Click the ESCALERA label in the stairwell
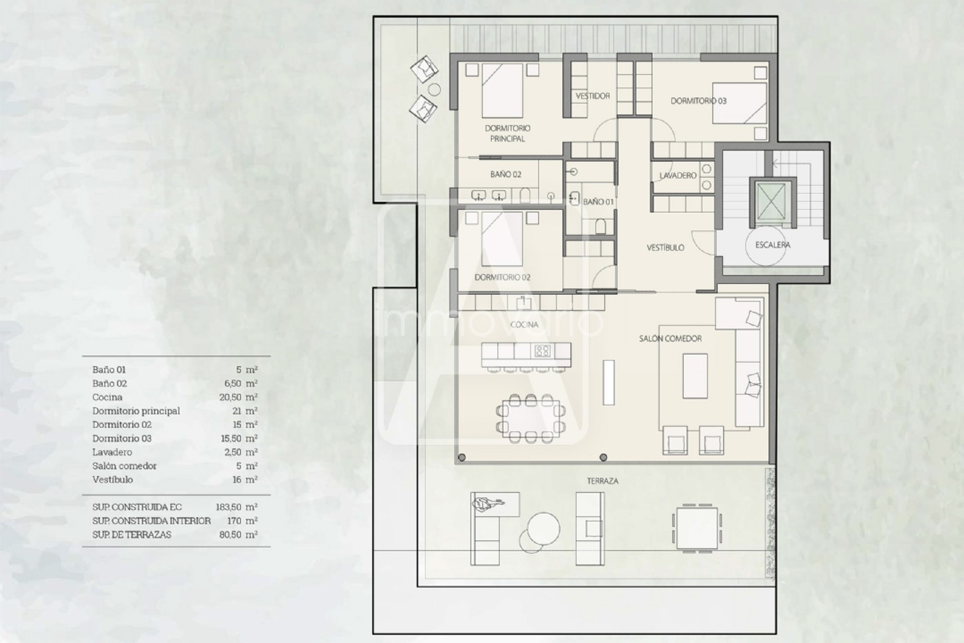(773, 245)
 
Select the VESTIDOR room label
(593, 96)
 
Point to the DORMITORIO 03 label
(698, 101)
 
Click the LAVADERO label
(678, 175)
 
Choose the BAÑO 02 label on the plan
(505, 174)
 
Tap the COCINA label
(524, 325)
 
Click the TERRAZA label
(602, 481)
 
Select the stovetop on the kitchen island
(543, 351)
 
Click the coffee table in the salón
(695, 376)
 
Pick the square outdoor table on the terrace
(697, 529)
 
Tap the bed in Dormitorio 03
(740, 103)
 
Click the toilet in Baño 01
(600, 225)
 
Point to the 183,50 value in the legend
(228, 507)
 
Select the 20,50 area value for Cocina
(230, 397)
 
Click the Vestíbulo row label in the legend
(112, 480)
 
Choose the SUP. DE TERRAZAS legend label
(132, 535)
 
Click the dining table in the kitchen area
(531, 418)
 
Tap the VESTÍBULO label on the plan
(665, 247)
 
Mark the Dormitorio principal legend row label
(136, 411)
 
